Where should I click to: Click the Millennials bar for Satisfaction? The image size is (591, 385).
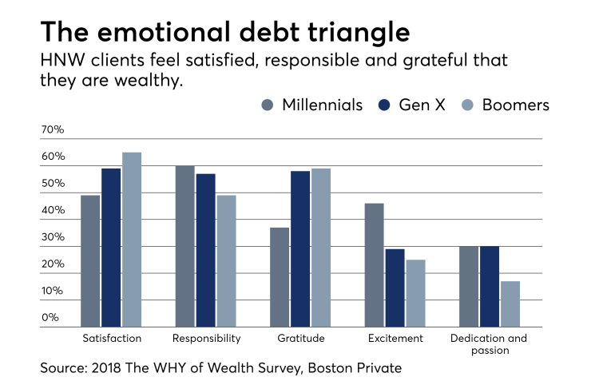tap(90, 260)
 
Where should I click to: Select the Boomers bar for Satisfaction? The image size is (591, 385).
tap(132, 239)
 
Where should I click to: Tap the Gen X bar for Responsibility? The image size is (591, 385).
tap(205, 249)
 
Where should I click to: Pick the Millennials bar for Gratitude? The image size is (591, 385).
tap(280, 276)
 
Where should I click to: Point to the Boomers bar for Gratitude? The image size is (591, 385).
tap(321, 247)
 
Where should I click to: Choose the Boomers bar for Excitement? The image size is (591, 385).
tap(415, 292)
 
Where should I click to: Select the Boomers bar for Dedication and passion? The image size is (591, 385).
tap(510, 304)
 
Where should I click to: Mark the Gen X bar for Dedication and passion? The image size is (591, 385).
tap(490, 286)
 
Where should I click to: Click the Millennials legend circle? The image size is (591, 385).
tap(268, 105)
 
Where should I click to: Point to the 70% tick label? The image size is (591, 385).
tap(53, 129)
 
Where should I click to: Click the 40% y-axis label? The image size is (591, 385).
tap(53, 210)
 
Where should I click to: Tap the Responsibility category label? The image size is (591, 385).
tap(206, 338)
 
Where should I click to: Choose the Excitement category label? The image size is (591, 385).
tap(395, 338)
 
